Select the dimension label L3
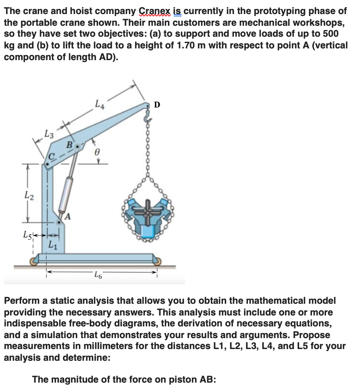click(49, 135)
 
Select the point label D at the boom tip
click(157, 105)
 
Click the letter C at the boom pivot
click(51, 157)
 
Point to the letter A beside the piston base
click(67, 216)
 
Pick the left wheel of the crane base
click(34, 262)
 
